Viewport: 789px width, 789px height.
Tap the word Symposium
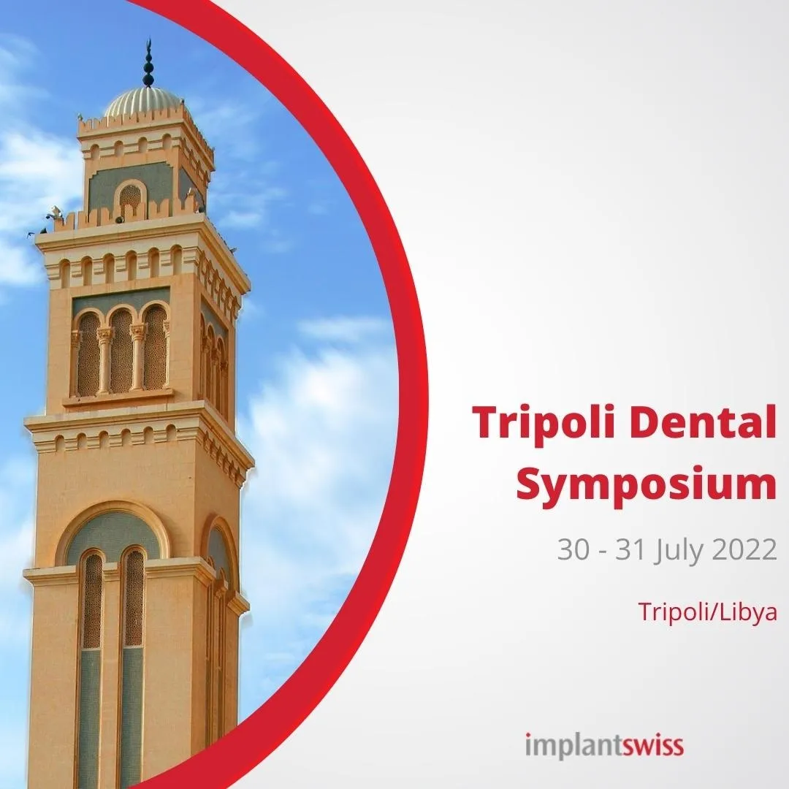(x=647, y=484)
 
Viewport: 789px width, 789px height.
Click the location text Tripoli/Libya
(x=707, y=612)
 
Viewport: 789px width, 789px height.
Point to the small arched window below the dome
(x=130, y=197)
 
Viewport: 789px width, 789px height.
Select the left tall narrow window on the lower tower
(x=91, y=629)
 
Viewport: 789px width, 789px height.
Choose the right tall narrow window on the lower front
(x=133, y=629)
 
